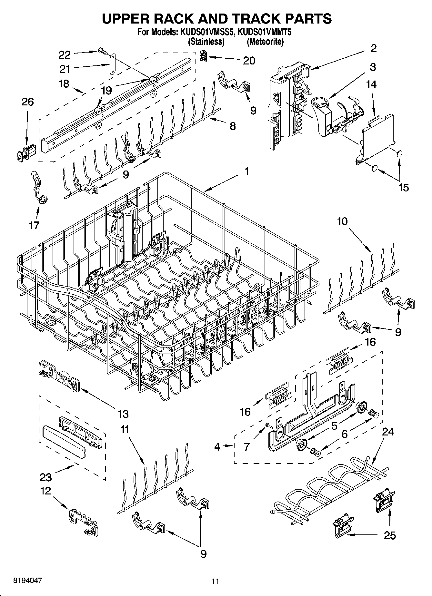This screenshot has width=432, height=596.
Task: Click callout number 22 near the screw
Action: click(x=65, y=55)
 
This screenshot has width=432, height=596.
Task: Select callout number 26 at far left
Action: click(x=27, y=102)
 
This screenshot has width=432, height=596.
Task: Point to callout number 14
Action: click(x=371, y=84)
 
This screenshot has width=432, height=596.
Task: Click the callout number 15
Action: click(x=403, y=188)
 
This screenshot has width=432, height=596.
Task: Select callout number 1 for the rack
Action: click(x=246, y=171)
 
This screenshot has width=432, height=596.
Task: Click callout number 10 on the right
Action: click(x=343, y=221)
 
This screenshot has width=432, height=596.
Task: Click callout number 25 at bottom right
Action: click(x=390, y=535)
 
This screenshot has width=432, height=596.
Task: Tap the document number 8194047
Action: click(x=27, y=580)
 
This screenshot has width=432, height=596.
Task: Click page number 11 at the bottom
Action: click(x=215, y=581)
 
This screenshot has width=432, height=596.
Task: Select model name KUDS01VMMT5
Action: click(x=265, y=32)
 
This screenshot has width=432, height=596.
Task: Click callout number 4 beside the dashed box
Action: click(x=217, y=447)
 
